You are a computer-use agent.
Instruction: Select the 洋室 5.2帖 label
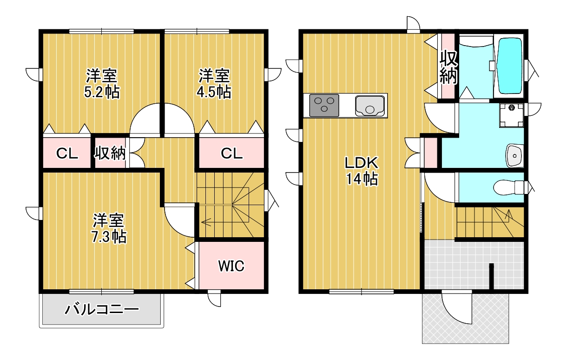tap(101, 83)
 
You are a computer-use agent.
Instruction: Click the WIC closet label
tap(231, 267)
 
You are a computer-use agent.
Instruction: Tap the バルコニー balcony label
tap(102, 309)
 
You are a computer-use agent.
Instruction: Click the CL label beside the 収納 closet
tap(67, 153)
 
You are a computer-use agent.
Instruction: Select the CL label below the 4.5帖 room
tap(231, 153)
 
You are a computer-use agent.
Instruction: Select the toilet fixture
tap(509, 188)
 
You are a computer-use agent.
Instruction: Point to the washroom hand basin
tap(514, 155)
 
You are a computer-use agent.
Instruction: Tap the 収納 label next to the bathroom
tap(448, 67)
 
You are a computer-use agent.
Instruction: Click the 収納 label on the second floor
tap(110, 153)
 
